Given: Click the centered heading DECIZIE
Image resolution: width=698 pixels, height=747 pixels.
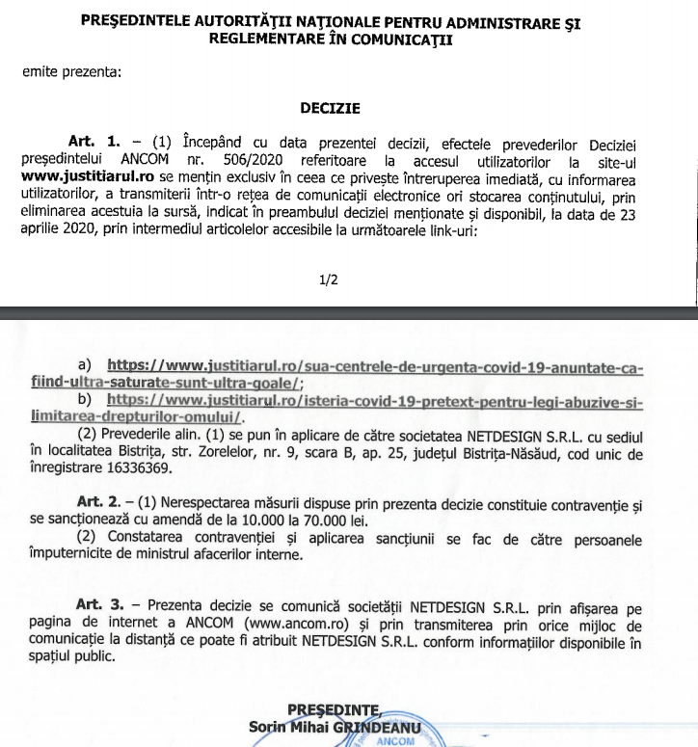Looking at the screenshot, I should (x=330, y=109).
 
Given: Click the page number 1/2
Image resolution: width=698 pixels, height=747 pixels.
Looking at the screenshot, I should (x=330, y=280).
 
